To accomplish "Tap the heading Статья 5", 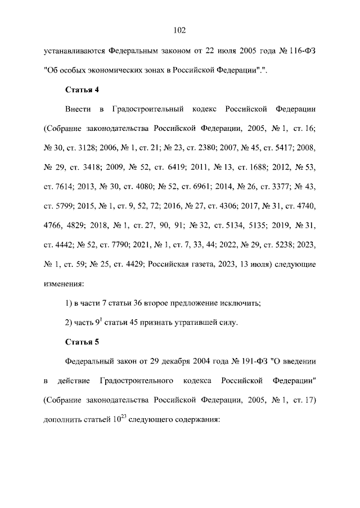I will point(82,341).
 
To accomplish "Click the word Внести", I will point(78,108).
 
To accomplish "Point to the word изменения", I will point(65,283).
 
